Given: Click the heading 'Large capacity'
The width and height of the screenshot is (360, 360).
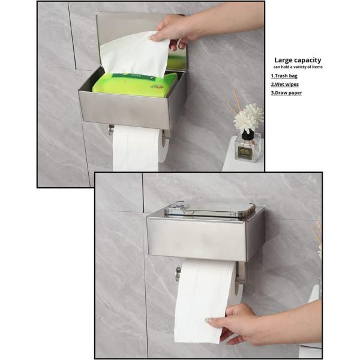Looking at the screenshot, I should [298, 60].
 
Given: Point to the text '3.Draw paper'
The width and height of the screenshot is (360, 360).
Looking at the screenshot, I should [286, 93].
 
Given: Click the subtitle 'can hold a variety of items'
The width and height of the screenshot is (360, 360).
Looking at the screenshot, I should [298, 67].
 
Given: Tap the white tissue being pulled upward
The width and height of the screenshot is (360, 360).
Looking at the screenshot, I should [133, 54].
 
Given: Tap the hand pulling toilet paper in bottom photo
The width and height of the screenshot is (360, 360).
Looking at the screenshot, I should [240, 324].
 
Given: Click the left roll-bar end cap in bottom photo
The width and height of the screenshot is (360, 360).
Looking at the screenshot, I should [178, 273].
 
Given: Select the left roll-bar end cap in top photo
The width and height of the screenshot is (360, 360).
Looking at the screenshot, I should [111, 130].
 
